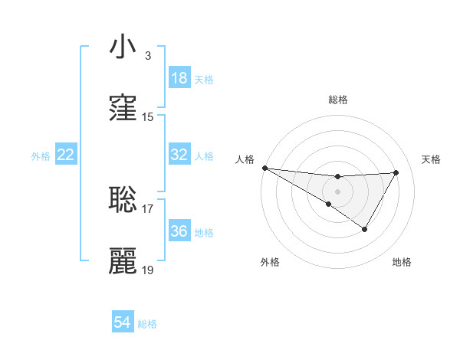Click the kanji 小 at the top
coord(123,47)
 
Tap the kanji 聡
coord(123,199)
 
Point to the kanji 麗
coord(123,261)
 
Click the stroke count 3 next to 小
coord(147,56)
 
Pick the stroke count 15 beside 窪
coord(148,117)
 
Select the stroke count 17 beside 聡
coord(148,208)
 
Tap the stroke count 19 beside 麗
coord(148,270)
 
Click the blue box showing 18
coord(179,78)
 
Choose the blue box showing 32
coord(179,155)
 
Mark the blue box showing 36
coord(179,231)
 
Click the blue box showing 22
coord(66,155)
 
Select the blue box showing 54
coord(123,322)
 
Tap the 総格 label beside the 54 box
coord(147,324)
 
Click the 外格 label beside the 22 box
coord(41,156)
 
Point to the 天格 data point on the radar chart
coord(396,172)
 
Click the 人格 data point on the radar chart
coord(264,168)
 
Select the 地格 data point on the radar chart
coord(365,229)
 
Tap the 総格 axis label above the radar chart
coord(338,100)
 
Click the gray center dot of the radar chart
coord(337,191)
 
